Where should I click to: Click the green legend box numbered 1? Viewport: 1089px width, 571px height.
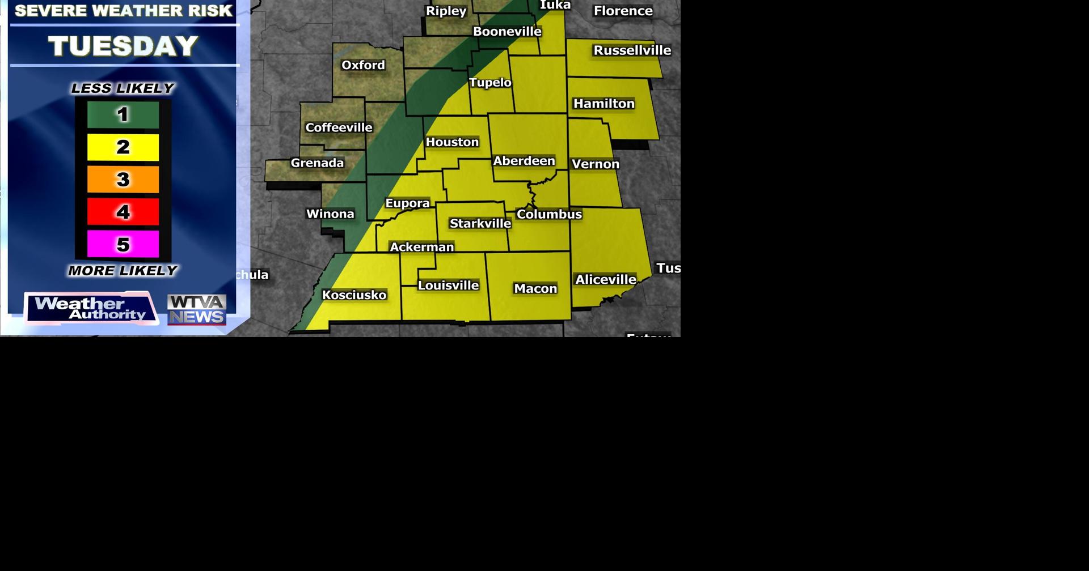coord(123,115)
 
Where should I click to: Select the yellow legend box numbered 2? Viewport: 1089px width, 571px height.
coord(123,147)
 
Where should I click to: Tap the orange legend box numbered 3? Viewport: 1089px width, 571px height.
coord(123,180)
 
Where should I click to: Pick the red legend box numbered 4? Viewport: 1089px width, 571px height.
coord(123,212)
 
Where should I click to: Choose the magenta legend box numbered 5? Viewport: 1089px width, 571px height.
coord(123,244)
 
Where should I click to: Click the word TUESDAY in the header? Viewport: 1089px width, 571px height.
coord(123,46)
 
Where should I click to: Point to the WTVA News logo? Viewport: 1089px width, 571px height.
coord(197,310)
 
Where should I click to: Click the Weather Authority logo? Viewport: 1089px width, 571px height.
coord(91,309)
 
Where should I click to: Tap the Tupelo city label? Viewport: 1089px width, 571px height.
coord(490,83)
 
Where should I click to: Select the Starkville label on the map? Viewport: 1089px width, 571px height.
coord(480,224)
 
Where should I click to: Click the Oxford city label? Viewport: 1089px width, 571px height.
coord(363,65)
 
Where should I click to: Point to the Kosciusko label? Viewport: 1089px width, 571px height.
coord(354,295)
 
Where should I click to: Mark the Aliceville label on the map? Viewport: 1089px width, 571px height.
coord(605,280)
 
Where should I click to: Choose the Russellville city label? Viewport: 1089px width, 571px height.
coord(632,50)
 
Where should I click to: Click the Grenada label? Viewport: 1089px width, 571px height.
coord(317,163)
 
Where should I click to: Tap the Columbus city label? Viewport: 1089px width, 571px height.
coord(549,215)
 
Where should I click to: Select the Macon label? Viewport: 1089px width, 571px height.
coord(535,289)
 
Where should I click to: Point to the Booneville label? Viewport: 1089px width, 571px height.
coord(507,32)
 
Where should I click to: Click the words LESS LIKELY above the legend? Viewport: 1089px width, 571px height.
coord(123,88)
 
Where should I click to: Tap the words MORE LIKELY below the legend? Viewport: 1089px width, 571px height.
coord(123,271)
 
